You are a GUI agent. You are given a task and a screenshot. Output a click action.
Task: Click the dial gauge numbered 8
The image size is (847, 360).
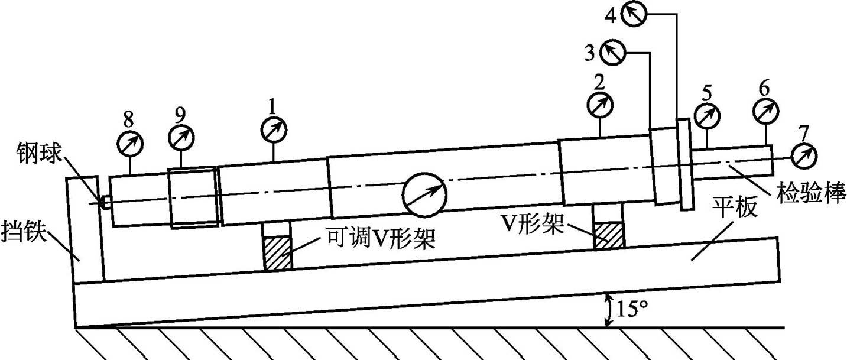130,143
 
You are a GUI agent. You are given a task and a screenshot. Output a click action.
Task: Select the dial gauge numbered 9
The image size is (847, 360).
181,138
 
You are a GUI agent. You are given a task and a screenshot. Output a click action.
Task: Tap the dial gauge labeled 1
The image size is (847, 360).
274,129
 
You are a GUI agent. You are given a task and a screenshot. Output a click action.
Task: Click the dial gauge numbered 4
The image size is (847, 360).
636,14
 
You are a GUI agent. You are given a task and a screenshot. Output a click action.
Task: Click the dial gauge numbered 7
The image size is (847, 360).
803,155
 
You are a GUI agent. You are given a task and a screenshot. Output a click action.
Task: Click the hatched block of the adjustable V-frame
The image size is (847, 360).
277,253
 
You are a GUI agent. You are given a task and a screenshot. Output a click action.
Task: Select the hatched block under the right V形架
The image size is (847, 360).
609,235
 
